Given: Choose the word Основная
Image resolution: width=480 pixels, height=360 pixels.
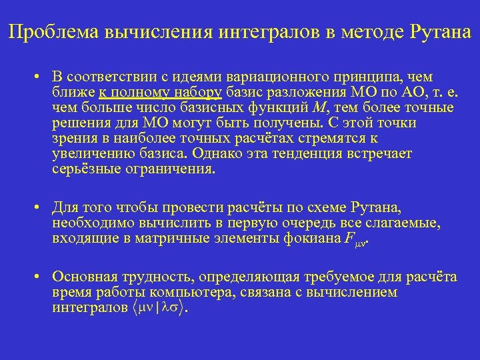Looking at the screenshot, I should pos(83,277).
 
